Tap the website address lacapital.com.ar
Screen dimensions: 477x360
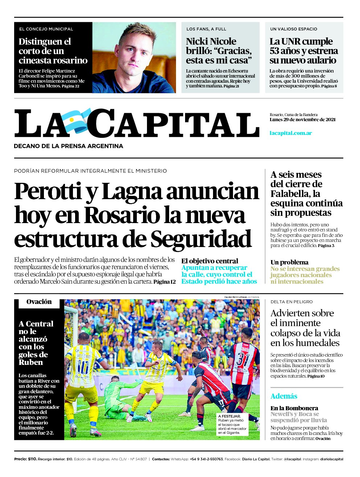(291, 133)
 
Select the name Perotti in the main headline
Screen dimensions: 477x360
(48, 192)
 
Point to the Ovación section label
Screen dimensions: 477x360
(39, 302)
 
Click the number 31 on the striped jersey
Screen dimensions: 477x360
(243, 359)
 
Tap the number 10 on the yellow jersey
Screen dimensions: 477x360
(83, 367)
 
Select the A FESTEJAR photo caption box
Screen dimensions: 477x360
(233, 424)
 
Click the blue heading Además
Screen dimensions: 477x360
(284, 396)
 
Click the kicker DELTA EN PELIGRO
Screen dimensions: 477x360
(291, 302)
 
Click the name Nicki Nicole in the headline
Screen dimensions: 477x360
(211, 41)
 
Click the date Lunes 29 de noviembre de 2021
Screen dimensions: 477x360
(302, 120)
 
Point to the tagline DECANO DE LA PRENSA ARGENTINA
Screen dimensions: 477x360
(68, 146)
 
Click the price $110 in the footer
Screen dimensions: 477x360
(32, 459)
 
